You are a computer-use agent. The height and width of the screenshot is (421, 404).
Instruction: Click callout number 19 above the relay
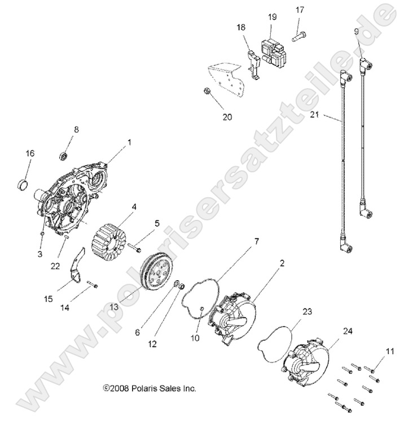(x=272, y=18)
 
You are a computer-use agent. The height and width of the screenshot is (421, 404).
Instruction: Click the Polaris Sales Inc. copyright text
(x=150, y=389)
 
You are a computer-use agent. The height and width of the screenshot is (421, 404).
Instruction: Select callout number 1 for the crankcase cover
(x=129, y=142)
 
